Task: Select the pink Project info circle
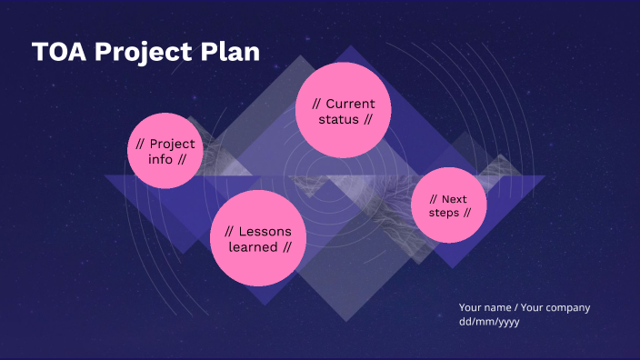(165, 151)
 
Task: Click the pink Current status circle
(343, 111)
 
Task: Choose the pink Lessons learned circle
(258, 238)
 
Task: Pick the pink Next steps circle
(449, 205)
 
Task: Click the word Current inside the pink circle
(350, 104)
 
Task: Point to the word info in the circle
(160, 159)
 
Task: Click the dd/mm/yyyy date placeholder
(489, 322)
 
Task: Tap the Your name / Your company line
(525, 307)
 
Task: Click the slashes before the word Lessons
(230, 231)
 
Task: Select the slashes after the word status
(367, 120)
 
